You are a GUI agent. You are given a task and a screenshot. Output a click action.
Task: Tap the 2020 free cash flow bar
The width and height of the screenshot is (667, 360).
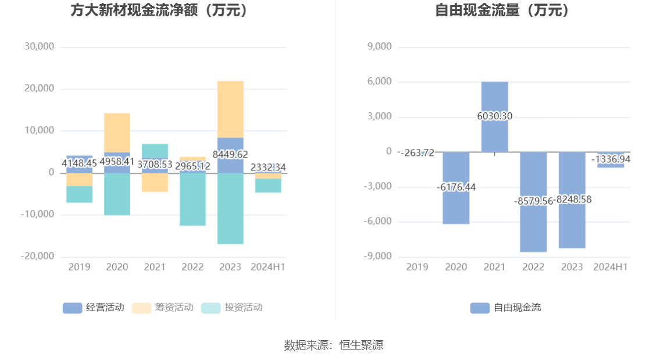456,209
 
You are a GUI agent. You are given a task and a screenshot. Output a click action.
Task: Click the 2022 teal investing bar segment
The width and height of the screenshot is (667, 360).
192,201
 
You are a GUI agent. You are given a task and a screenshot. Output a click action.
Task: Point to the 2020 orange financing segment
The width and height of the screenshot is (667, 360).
117,133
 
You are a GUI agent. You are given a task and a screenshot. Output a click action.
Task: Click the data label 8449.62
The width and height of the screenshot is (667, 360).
231,155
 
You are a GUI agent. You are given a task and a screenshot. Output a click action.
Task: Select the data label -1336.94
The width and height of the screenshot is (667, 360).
611,159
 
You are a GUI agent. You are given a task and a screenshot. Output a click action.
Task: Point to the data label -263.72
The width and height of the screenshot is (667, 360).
416,153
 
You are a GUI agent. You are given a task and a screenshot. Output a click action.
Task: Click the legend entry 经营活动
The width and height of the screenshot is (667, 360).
94,308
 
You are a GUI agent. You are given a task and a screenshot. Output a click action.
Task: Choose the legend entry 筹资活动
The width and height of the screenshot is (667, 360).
163,308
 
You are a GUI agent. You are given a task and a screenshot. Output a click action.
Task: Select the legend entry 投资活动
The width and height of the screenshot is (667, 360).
232,308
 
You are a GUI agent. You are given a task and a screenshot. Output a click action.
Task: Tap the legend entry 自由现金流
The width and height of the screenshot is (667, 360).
506,308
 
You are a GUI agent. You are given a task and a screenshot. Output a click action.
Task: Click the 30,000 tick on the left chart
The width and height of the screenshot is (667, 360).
40,47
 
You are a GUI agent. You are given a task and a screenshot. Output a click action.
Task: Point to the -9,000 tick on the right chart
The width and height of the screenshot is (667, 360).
378,256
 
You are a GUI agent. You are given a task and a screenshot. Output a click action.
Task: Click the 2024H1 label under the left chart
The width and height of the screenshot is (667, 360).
268,267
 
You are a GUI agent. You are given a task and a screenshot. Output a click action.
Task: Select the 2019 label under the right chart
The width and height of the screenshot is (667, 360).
417,267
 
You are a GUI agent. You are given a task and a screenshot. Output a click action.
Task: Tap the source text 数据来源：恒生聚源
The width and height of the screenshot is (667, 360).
333,345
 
